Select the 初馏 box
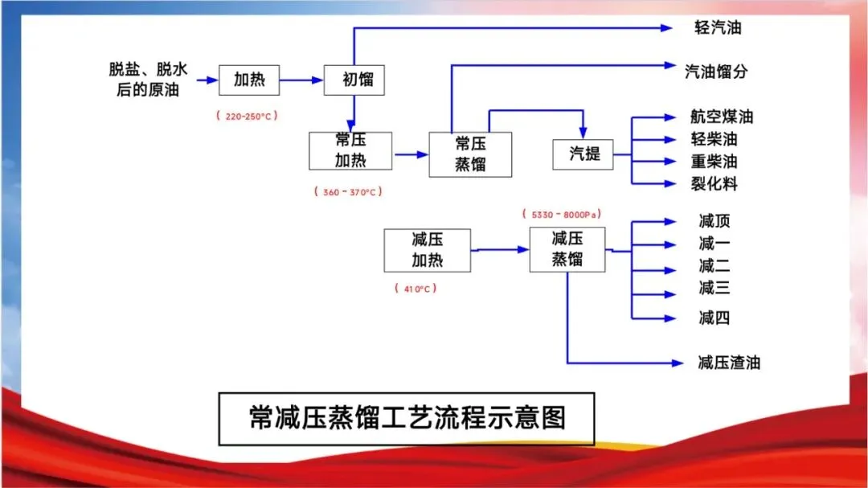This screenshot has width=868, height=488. (x=354, y=80)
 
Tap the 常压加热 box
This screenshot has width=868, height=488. (x=350, y=150)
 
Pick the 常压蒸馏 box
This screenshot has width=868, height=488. (x=470, y=154)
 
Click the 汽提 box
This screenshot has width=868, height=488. (x=583, y=153)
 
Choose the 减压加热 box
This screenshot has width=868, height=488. (x=427, y=250)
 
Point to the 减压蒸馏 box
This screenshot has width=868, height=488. (x=567, y=249)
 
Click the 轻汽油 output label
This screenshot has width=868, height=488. (x=718, y=28)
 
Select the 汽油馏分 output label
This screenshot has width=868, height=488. (x=715, y=72)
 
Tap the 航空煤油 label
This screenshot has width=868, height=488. (x=721, y=117)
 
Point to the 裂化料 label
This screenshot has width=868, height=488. (x=714, y=184)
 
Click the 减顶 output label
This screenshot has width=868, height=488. (x=714, y=221)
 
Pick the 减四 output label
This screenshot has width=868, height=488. (x=714, y=318)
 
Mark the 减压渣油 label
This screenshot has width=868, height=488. (x=728, y=363)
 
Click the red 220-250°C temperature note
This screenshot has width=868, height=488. (x=247, y=116)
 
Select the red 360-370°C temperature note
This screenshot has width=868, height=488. (x=347, y=193)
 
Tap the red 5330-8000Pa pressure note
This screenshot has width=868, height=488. (x=563, y=215)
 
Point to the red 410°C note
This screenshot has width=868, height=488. (x=416, y=288)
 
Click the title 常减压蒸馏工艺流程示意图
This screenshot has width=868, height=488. (x=407, y=418)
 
